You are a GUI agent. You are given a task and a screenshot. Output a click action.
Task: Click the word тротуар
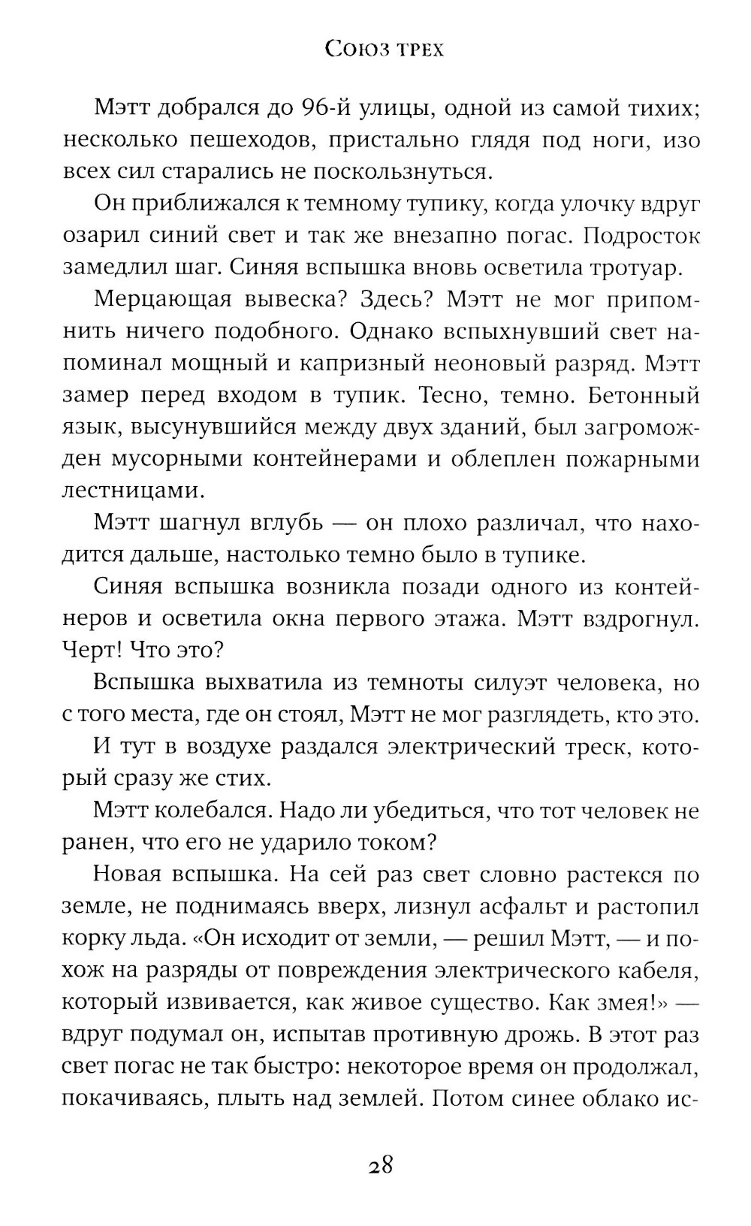[x=634, y=267]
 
